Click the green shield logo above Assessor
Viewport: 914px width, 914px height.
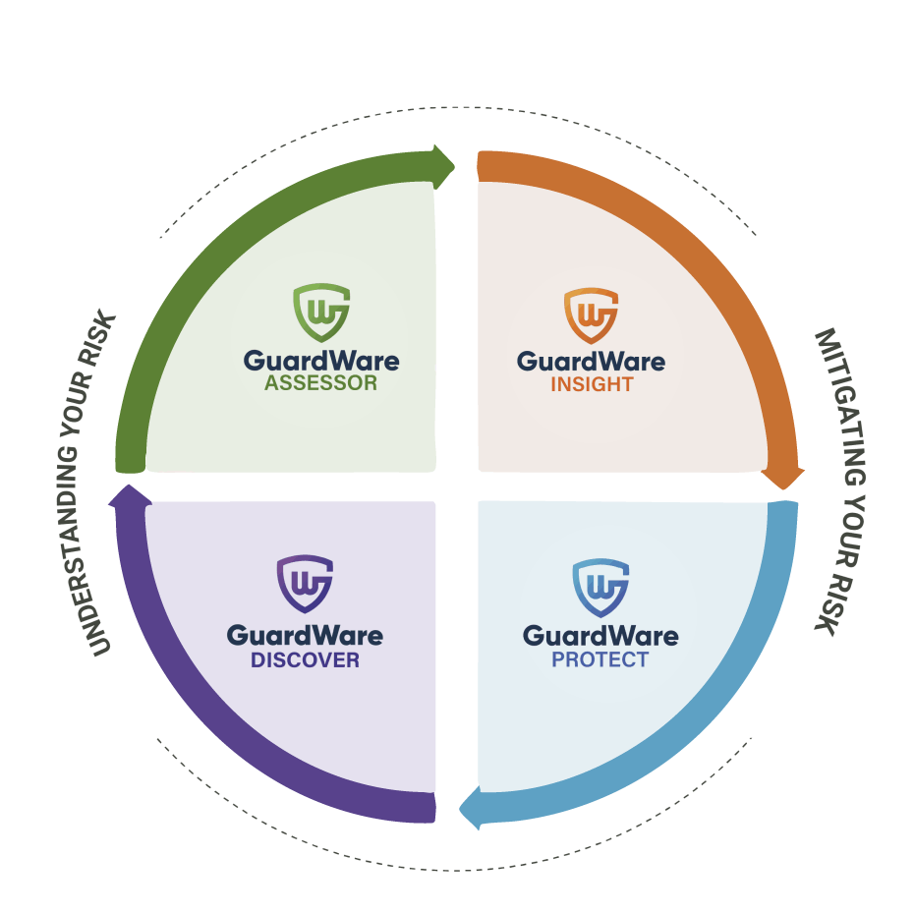click(321, 313)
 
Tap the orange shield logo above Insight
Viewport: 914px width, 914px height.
click(591, 315)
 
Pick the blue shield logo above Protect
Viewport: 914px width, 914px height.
click(600, 587)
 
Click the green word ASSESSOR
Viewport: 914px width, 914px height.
click(321, 383)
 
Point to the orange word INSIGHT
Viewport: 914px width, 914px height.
click(592, 384)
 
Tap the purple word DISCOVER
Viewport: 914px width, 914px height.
click(305, 660)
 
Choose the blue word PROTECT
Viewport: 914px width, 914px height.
click(600, 659)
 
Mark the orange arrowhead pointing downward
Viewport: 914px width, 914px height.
click(783, 476)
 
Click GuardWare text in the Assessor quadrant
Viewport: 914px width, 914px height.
click(321, 360)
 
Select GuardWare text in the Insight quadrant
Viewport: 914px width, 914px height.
click(592, 361)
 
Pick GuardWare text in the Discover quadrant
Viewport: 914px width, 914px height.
click(305, 635)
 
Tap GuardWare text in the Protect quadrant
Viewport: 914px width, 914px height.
click(600, 635)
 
